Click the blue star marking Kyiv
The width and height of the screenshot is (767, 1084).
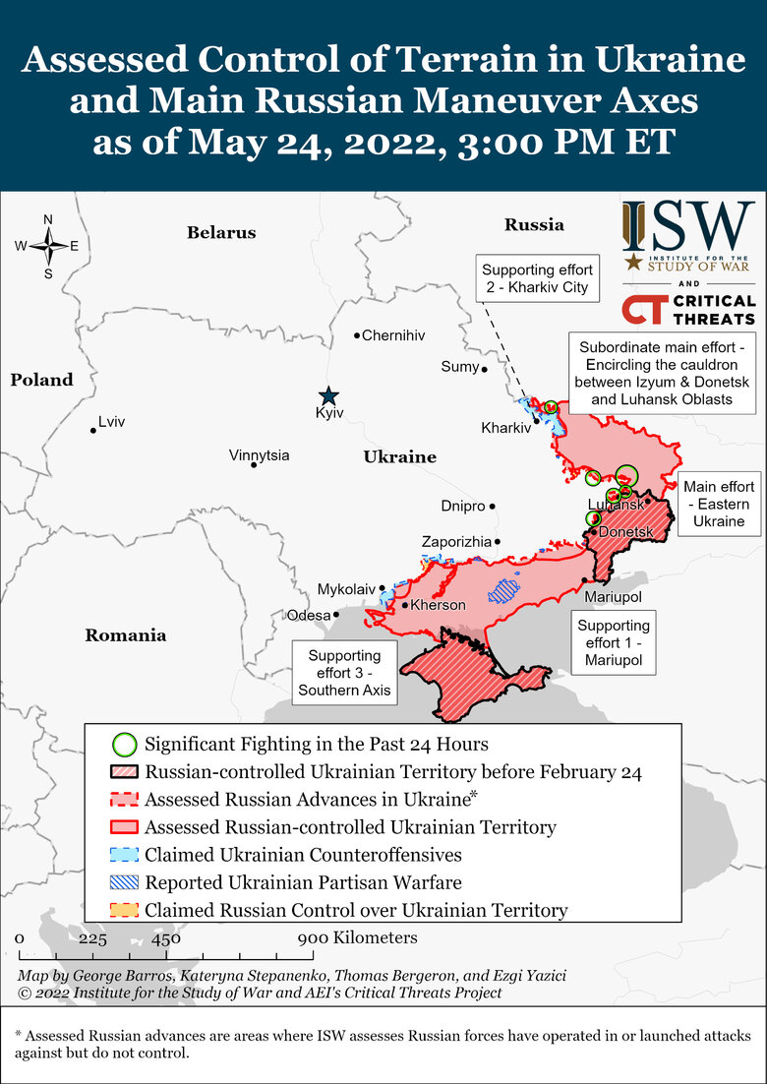tap(328, 395)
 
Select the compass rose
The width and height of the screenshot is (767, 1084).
tap(47, 246)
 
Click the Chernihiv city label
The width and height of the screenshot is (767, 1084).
tap(393, 335)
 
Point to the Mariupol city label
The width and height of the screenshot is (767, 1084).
tap(613, 597)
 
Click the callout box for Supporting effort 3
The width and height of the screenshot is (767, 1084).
tap(344, 673)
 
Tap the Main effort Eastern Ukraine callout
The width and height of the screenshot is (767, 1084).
tap(719, 504)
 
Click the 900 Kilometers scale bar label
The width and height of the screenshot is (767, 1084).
tap(359, 937)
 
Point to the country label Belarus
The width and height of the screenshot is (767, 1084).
tap(221, 233)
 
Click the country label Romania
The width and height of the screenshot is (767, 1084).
tap(126, 635)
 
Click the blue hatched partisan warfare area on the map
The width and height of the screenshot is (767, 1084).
tap(503, 590)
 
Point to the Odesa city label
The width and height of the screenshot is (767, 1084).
tap(308, 616)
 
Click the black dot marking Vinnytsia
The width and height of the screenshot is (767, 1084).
tap(254, 464)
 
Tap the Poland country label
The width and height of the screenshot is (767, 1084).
tap(41, 380)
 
